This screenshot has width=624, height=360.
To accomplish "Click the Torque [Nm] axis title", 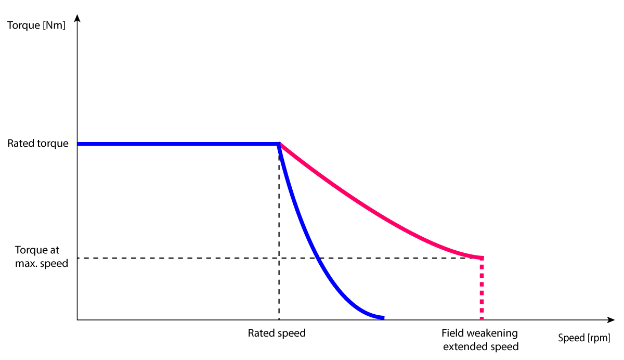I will (36, 24).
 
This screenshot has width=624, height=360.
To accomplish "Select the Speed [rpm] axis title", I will (584, 338).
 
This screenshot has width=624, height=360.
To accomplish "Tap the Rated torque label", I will (38, 144).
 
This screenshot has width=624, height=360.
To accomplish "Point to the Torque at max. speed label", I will (42, 257).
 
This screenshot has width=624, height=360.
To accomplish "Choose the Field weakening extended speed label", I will (480, 339).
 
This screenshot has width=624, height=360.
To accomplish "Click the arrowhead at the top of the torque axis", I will (77, 18).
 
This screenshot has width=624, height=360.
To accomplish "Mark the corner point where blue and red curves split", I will (280, 144).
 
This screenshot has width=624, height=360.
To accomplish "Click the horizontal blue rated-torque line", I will (177, 144).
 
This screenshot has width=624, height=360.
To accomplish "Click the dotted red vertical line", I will (482, 289).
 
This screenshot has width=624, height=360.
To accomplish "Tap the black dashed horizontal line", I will (182, 258).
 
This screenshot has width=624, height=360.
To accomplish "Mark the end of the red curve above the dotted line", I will (482, 258).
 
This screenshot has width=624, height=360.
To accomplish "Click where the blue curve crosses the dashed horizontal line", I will (319, 258).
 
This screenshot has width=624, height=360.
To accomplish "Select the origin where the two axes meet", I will (77, 319).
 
